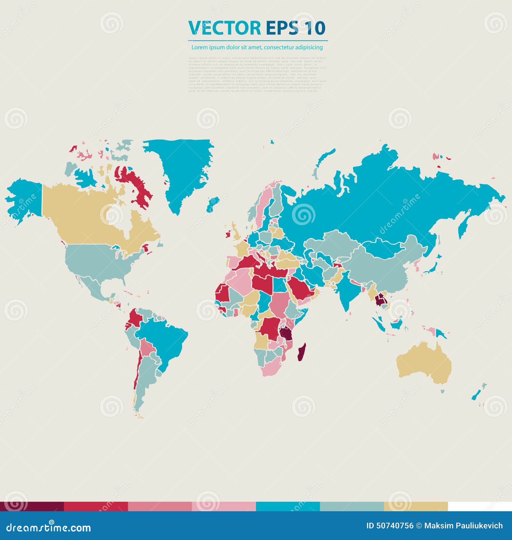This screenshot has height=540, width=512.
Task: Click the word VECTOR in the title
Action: coord(224,28)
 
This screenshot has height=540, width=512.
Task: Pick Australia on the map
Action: coord(424,363)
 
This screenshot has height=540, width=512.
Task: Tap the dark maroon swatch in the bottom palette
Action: coord(32,506)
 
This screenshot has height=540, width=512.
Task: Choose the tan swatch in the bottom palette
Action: coord(416,506)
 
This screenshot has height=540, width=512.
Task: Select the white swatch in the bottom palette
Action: coord(480,506)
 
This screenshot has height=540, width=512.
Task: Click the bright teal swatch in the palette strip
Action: coord(288,506)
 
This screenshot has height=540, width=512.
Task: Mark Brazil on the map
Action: coord(163,339)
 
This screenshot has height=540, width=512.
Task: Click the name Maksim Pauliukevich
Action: coord(463,526)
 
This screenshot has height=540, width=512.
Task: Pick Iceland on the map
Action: coord(213,203)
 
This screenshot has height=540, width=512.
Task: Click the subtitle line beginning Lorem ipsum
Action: coord(257,47)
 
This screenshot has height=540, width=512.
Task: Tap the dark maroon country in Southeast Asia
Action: coord(380,300)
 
